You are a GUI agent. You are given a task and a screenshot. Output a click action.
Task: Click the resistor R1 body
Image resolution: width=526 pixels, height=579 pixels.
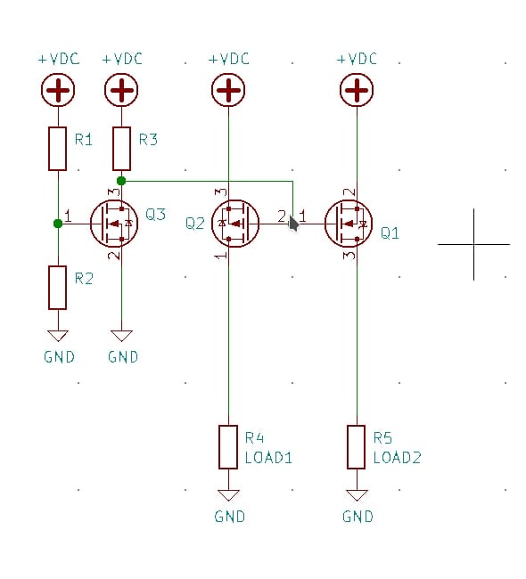coord(58,149)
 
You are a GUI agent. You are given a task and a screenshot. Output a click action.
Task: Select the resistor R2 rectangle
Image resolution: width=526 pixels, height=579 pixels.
coord(58,288)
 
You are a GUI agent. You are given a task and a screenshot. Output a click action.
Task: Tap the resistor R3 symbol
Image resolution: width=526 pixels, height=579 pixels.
coord(121,149)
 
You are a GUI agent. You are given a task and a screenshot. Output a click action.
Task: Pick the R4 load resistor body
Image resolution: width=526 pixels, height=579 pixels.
coord(228,447)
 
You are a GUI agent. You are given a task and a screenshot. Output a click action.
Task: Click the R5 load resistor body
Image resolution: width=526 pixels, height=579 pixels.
coord(357,447)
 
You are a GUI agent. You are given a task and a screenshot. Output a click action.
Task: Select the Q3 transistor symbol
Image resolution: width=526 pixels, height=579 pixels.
coord(114,224)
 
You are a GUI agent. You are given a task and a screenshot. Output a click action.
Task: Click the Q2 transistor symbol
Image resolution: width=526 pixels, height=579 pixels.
coord(235,224)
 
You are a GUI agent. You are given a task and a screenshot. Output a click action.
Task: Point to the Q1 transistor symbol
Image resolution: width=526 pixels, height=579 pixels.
coord(349,224)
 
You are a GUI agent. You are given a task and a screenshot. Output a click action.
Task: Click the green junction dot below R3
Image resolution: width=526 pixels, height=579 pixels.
coord(121,181)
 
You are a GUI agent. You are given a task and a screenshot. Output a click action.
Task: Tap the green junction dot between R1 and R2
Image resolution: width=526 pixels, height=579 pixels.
coord(58,224)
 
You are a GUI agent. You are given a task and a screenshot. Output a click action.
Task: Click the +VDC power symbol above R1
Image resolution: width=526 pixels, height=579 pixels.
coord(58,90)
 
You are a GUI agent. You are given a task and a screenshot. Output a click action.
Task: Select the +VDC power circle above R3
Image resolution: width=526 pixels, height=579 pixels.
coord(121,90)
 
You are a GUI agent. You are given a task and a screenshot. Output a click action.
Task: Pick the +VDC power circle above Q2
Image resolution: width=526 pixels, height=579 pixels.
coord(228,90)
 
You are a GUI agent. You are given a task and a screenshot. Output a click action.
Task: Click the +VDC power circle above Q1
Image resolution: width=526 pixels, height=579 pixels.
coord(357,90)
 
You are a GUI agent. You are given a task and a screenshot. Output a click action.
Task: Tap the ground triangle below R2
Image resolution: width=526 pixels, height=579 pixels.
coord(58,335)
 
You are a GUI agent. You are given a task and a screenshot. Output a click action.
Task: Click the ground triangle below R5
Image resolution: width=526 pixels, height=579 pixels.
coord(357,494)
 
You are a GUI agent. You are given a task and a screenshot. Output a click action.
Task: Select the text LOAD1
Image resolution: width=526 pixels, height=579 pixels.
coord(268,458)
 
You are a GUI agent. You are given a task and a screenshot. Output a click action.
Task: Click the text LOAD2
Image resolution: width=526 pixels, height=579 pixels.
coord(398,458)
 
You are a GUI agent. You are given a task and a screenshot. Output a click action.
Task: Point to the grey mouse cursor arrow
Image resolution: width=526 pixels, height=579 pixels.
coord(293,224)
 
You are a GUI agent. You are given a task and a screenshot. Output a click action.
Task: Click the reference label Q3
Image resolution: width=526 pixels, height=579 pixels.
coord(155,214)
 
